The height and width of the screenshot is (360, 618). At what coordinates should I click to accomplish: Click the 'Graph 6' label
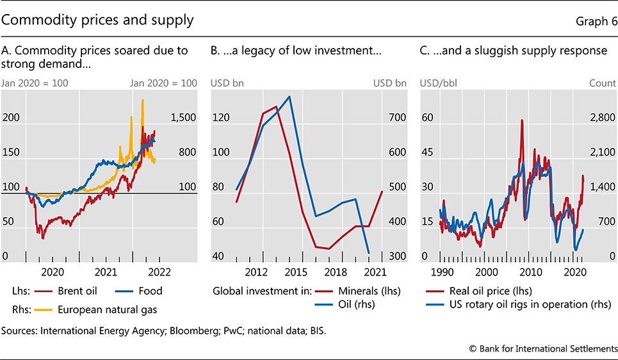coord(596,20)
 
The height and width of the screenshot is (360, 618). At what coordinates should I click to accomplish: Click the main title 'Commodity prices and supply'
coord(97,20)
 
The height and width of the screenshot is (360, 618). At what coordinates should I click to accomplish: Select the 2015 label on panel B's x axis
coord(291,271)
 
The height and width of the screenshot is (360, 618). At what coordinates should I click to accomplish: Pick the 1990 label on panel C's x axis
coord(442,271)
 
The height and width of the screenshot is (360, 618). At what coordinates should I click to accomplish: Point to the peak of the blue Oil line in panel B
coord(290,97)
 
